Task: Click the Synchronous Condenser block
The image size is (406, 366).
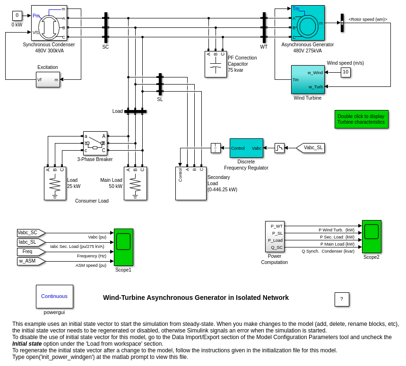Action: click(x=49, y=23)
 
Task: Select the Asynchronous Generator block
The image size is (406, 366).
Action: click(x=308, y=23)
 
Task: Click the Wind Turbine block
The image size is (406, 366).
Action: click(x=308, y=79)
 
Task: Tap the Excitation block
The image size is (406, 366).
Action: click(x=48, y=79)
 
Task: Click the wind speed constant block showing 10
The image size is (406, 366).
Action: click(x=346, y=72)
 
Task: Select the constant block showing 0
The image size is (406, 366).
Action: click(x=17, y=16)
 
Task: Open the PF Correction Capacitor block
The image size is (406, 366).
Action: click(x=216, y=65)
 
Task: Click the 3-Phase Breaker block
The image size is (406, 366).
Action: click(x=95, y=143)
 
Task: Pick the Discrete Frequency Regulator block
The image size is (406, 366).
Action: click(x=246, y=148)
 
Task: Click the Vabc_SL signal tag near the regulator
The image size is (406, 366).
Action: click(x=311, y=148)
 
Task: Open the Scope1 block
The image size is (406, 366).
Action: click(x=123, y=247)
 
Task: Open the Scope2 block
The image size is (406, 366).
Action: click(x=371, y=237)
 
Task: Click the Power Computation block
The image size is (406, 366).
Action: click(x=275, y=237)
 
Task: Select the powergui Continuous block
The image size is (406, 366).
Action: click(x=54, y=297)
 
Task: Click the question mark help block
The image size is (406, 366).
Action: click(x=342, y=299)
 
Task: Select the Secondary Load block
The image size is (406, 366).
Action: click(x=190, y=183)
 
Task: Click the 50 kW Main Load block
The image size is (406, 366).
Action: click(x=135, y=183)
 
